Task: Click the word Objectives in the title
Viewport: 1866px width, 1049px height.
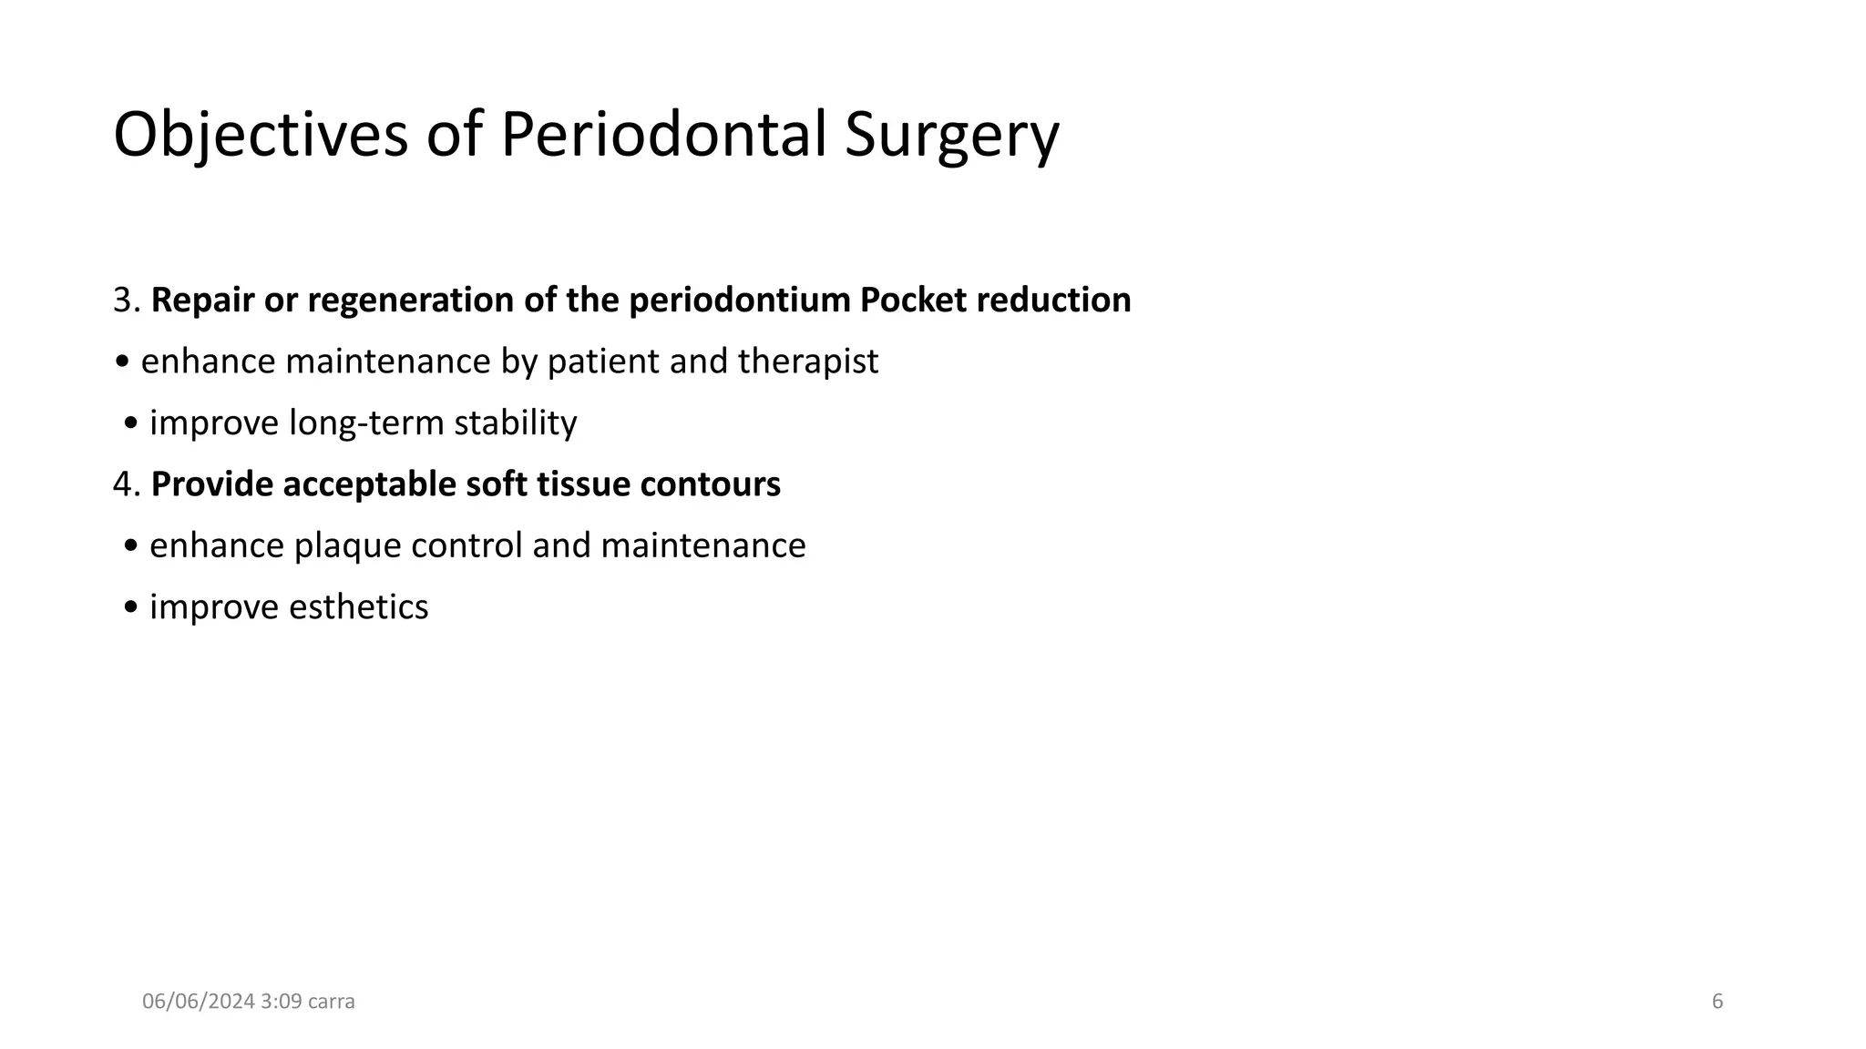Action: point(261,135)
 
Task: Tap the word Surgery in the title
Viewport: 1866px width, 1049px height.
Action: point(951,135)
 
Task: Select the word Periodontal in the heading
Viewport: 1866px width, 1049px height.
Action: point(663,135)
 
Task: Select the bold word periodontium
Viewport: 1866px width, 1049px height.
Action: point(739,300)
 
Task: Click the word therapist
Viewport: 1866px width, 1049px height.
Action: point(808,362)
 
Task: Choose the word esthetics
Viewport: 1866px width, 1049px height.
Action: point(358,607)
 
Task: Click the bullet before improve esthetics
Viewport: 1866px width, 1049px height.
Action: point(132,607)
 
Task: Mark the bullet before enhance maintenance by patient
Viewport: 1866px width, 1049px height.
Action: point(123,362)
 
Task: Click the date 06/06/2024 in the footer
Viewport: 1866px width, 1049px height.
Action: point(199,1002)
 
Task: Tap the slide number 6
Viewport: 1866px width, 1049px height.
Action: point(1717,1002)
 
